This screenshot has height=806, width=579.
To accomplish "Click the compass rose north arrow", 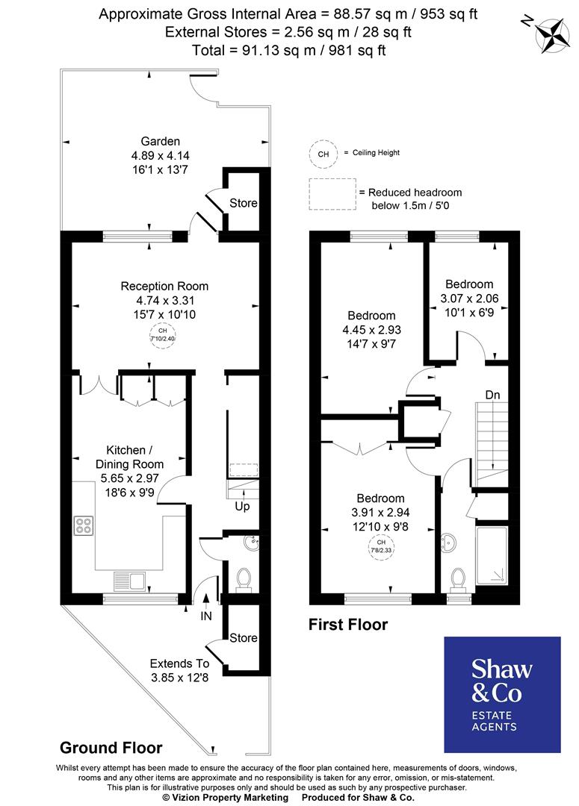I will (x=554, y=34).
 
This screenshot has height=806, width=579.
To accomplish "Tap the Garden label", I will (x=161, y=142).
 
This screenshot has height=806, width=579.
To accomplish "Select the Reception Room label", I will (x=164, y=286).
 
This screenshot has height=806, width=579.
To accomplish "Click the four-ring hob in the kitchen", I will (x=84, y=525).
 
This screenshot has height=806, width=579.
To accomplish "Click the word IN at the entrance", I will (x=206, y=616).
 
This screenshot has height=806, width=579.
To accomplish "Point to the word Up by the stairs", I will (x=243, y=507).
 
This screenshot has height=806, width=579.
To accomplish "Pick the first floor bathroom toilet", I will (x=458, y=578).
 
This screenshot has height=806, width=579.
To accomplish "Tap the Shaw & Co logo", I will (x=502, y=694).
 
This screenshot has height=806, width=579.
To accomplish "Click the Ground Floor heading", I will (x=111, y=747).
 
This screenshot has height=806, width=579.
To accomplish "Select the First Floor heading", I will (x=348, y=625).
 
